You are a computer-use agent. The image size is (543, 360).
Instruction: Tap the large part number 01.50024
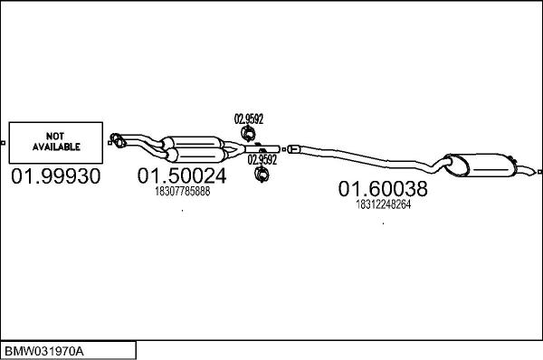click(182, 175)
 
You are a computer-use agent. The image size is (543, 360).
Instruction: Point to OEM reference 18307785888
click(182, 192)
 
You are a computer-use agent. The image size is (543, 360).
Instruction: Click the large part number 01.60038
click(383, 189)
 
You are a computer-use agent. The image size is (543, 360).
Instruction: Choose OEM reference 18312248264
click(383, 204)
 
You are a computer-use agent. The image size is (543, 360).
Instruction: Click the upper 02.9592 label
click(249, 118)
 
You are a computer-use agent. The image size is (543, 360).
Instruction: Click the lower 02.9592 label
click(262, 159)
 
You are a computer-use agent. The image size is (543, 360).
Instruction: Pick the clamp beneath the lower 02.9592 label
click(262, 175)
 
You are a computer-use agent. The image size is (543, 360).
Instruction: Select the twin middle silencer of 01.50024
click(195, 146)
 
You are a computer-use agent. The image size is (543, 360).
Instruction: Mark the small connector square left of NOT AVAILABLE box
click(5, 142)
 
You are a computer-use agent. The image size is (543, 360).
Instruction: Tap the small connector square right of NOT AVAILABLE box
click(110, 141)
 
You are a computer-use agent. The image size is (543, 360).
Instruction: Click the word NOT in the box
click(57, 136)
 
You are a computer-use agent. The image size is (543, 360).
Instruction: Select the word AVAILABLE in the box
click(57, 147)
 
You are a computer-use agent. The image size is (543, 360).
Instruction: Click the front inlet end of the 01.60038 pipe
click(292, 147)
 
